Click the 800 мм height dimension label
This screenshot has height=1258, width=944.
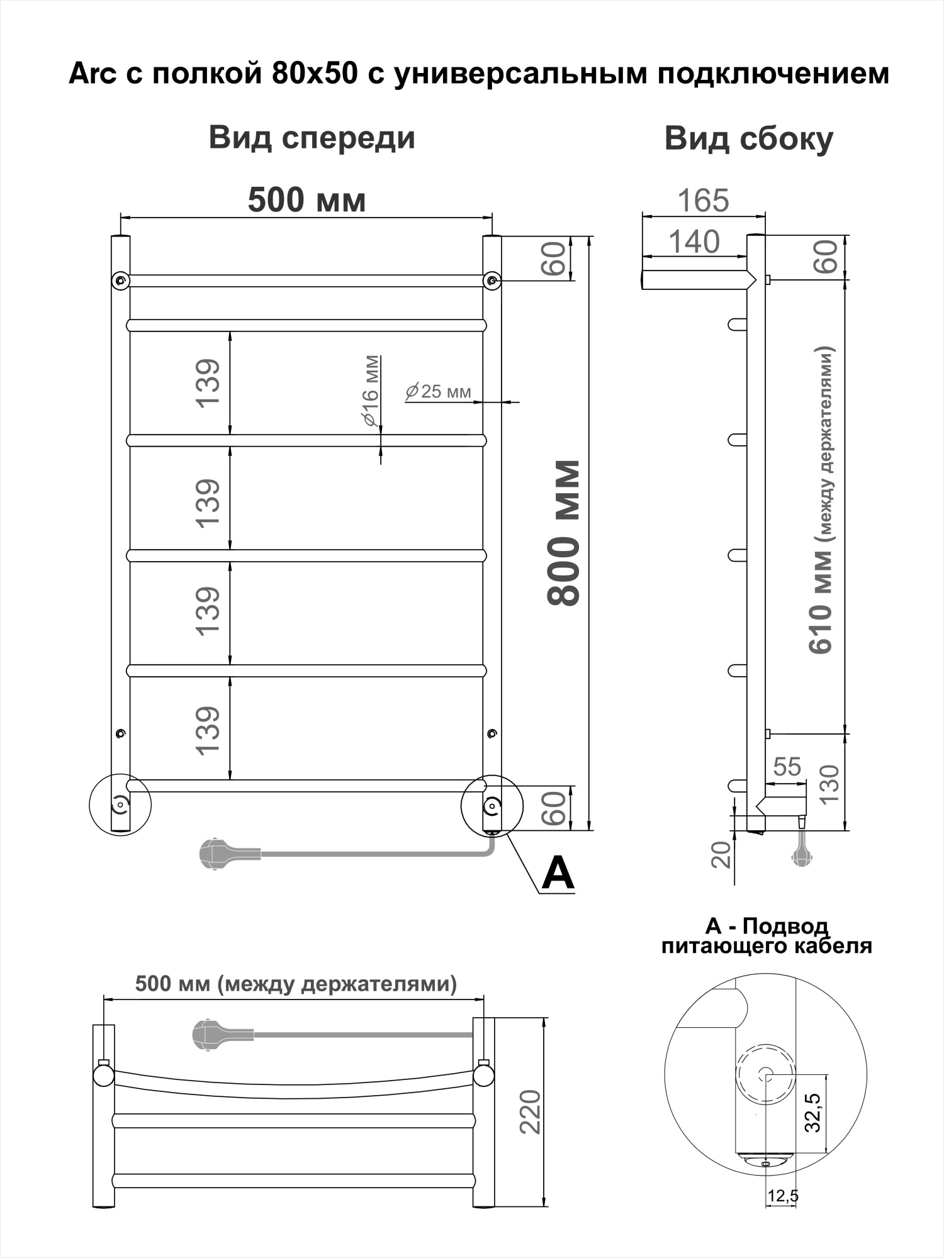pos(564,533)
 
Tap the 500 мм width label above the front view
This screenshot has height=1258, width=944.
pos(306,200)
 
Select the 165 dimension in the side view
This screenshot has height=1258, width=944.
pos(703,201)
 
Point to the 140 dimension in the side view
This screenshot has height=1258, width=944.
pos(694,242)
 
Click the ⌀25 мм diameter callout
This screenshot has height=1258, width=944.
pos(439,391)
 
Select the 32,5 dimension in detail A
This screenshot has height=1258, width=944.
pos(813,1113)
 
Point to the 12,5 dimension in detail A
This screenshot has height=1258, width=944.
pos(782,1196)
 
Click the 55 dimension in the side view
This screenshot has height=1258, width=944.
pos(787,767)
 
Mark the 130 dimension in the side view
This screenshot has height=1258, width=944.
pos(829,783)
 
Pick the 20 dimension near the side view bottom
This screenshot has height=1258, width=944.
pos(722,854)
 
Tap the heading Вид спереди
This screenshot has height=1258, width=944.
pos(312,138)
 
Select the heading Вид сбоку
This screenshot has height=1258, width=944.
pos(748,139)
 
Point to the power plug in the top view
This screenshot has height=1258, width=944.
pos(210,1035)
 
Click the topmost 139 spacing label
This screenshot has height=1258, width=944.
pos(208,383)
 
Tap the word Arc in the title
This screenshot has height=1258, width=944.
pos(93,74)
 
